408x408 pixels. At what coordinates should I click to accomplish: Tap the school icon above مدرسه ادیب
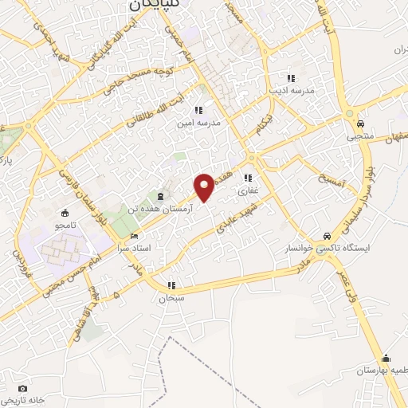(292, 79)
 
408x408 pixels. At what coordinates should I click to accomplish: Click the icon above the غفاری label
(249, 178)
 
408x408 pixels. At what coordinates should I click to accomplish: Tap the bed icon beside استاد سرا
(134, 237)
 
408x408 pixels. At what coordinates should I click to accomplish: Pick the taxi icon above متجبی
(360, 124)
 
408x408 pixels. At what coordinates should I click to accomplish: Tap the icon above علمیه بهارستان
(386, 357)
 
